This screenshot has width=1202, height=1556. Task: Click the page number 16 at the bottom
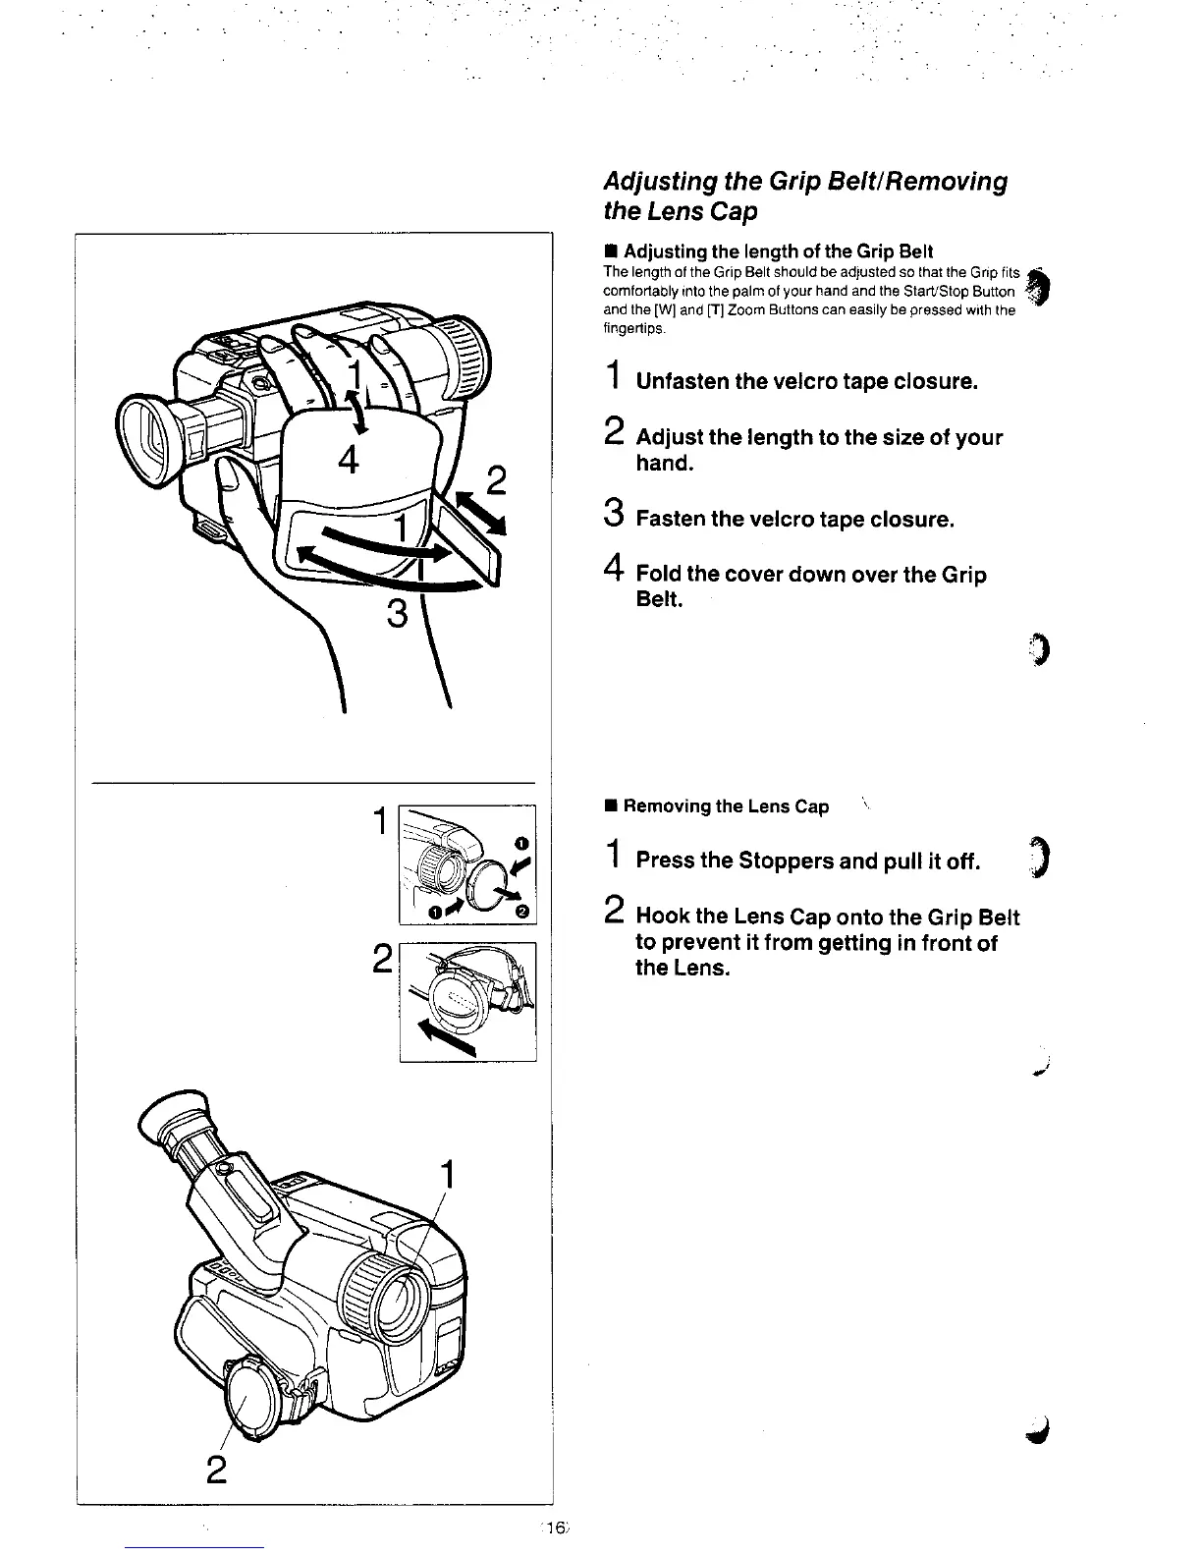point(554,1528)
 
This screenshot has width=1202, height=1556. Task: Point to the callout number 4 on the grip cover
point(349,460)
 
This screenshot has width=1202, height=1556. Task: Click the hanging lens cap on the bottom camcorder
point(257,1396)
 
